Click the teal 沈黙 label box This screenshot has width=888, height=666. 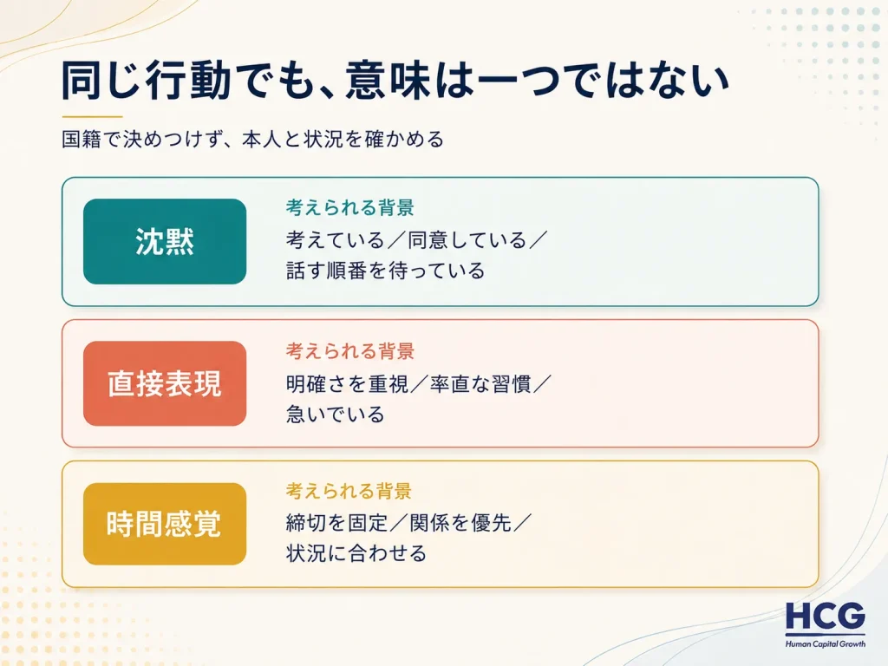point(165,241)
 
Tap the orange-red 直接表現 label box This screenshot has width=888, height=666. point(165,383)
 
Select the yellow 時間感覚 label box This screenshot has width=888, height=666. point(165,524)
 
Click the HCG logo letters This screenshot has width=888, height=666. point(826,617)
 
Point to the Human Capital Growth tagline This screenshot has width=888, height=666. point(826,644)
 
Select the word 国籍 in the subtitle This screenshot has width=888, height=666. point(82,139)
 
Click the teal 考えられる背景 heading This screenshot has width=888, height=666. point(349,208)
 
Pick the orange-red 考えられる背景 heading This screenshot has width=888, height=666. point(349,351)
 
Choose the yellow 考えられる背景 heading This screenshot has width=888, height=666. point(349,491)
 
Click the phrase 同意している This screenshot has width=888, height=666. point(467,240)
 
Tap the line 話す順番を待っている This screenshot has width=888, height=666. point(385,271)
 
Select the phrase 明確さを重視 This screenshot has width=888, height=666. point(347,384)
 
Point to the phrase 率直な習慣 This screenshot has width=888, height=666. point(480,384)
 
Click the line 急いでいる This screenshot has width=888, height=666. point(336,415)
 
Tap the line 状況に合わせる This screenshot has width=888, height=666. point(356,553)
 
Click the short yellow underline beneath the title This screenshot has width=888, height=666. point(92,116)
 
